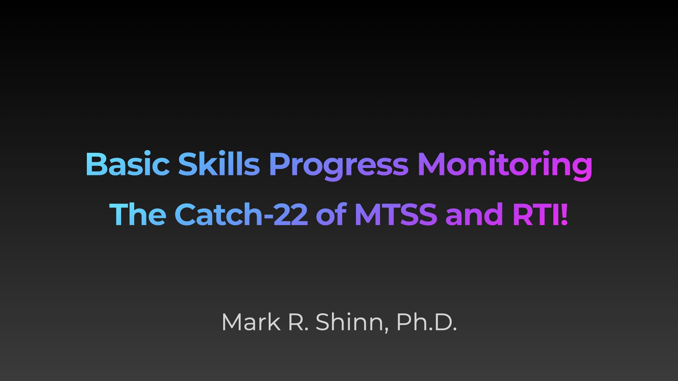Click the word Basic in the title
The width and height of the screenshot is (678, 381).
click(x=127, y=164)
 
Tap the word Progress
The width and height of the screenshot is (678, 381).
click(x=339, y=166)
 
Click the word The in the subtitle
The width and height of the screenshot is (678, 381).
click(x=138, y=214)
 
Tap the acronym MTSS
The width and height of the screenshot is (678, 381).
click(x=396, y=214)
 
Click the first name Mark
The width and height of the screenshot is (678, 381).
click(x=251, y=322)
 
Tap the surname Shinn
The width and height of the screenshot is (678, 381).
click(x=350, y=322)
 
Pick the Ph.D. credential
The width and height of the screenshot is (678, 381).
click(x=427, y=322)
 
